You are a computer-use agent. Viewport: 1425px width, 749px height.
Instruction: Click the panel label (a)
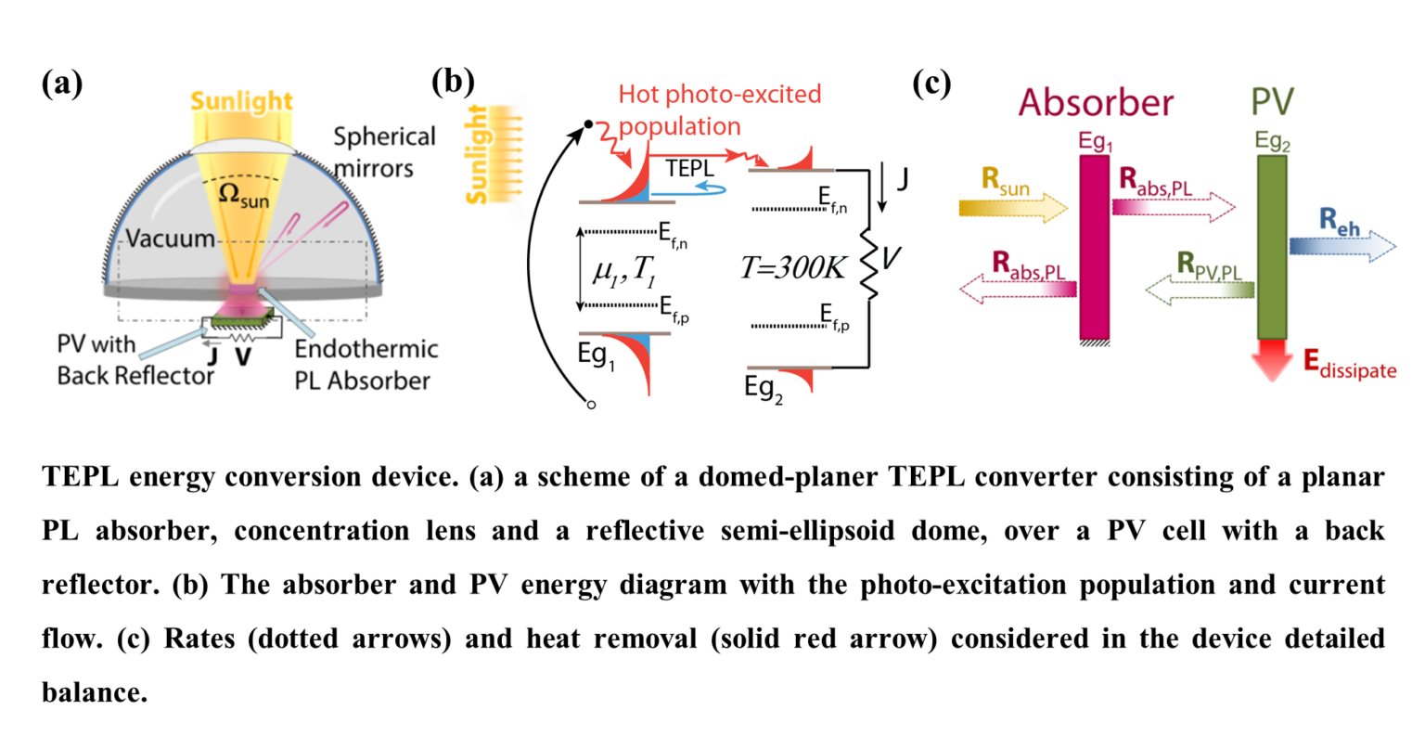[62, 84]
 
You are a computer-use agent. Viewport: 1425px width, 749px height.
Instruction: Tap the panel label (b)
[453, 83]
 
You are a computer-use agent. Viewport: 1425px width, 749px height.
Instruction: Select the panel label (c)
[931, 83]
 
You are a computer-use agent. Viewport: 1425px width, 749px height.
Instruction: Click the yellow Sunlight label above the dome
[241, 101]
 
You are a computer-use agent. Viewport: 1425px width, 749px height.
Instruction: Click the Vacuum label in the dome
[170, 239]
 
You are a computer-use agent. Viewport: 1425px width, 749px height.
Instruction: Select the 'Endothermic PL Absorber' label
[366, 364]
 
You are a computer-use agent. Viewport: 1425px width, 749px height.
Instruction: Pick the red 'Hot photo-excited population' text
[719, 110]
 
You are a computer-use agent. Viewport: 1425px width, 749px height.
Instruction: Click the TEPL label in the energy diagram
[689, 169]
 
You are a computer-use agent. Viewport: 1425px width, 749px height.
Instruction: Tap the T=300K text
[793, 268]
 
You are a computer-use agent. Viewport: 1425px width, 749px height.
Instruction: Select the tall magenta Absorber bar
[1095, 247]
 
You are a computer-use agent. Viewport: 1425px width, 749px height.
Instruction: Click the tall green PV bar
[1271, 247]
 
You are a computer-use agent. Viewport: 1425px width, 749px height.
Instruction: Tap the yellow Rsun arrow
[1013, 207]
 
